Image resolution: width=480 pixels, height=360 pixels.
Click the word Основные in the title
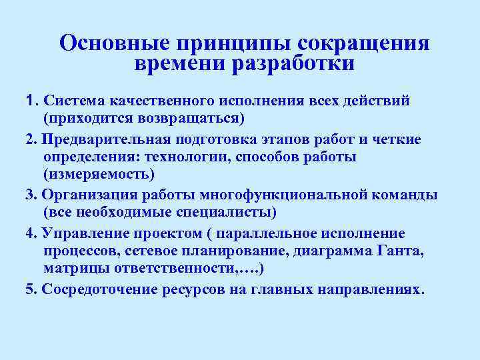tap(113, 43)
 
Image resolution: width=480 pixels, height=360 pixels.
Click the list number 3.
tap(27, 195)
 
